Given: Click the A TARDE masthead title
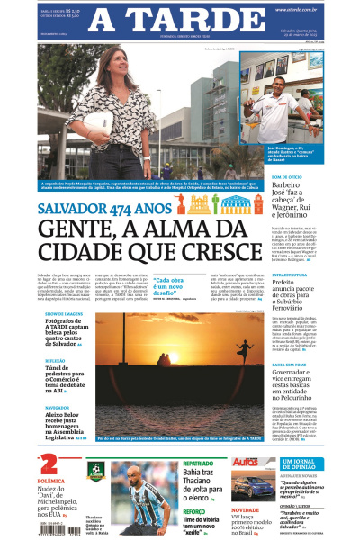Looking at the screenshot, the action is pyautogui.click(x=180, y=19).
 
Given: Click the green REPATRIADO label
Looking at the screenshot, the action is pyautogui.click(x=199, y=463).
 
